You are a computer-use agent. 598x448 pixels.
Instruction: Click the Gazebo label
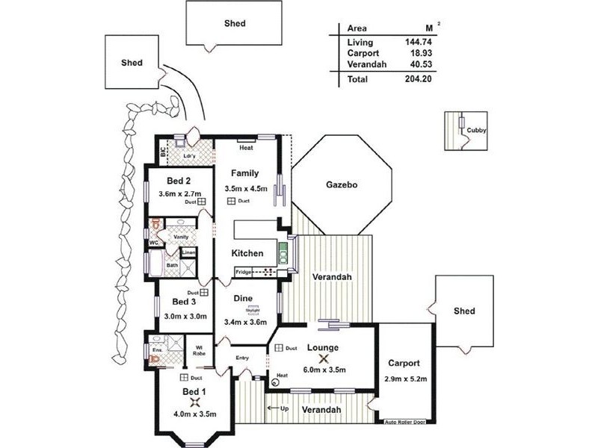343,184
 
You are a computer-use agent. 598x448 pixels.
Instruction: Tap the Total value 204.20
419,78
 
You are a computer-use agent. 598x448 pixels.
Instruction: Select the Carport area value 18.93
421,54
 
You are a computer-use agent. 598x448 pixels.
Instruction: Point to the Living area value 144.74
419,43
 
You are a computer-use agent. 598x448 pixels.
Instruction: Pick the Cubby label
476,131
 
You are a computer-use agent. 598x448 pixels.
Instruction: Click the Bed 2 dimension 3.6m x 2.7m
178,193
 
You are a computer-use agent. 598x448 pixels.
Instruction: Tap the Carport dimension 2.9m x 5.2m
407,379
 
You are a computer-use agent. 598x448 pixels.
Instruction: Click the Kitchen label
247,253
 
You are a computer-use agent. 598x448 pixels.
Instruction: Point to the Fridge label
244,272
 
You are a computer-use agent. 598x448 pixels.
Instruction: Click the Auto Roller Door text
405,422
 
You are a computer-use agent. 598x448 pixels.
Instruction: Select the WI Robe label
200,350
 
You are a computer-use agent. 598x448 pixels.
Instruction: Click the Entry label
242,358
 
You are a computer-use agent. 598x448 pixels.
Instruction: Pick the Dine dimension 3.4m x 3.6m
245,323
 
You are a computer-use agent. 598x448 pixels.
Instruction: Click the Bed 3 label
184,302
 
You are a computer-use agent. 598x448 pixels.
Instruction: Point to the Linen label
188,252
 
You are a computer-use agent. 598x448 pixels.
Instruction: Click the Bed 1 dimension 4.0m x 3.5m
194,414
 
